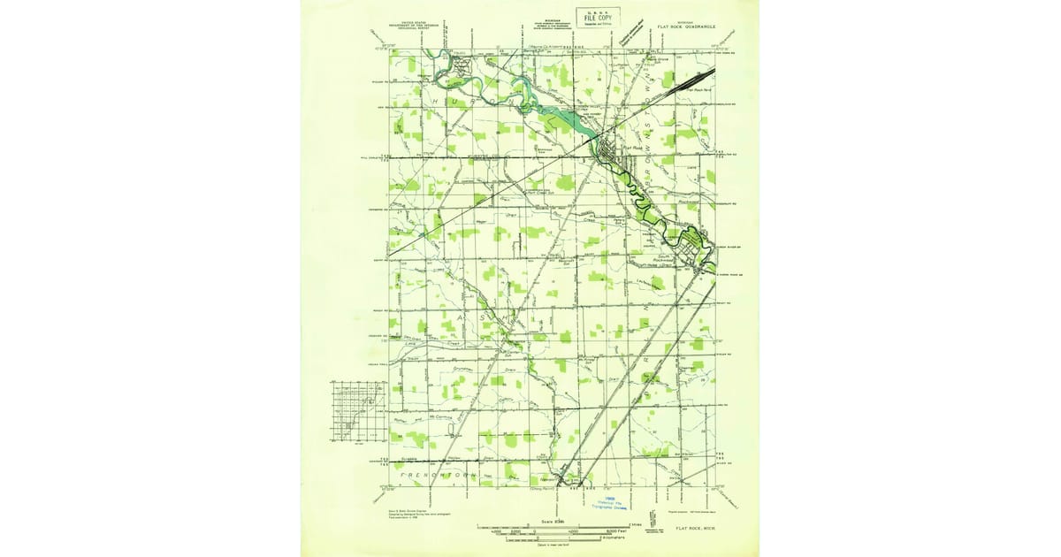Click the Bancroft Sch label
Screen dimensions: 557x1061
click(x=566, y=262)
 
